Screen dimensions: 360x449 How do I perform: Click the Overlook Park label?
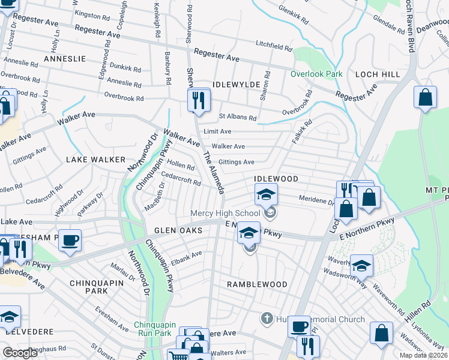coord(316,74)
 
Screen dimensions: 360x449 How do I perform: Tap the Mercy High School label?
coord(225,213)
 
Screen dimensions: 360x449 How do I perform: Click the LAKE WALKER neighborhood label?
coord(97,160)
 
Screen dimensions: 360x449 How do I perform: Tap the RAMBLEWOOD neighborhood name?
coord(257,283)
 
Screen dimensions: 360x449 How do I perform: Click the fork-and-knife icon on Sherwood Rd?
coord(197,100)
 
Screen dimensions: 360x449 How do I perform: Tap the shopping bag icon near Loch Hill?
coord(425,98)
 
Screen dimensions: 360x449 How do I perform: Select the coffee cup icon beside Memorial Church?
coord(298,326)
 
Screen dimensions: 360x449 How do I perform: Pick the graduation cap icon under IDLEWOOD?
coord(266,194)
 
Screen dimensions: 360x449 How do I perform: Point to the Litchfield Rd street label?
coord(273,45)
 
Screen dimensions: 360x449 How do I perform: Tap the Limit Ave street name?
coord(217,131)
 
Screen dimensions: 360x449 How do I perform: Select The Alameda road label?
coord(213,173)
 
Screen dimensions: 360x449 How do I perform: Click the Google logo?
coord(20,353)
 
